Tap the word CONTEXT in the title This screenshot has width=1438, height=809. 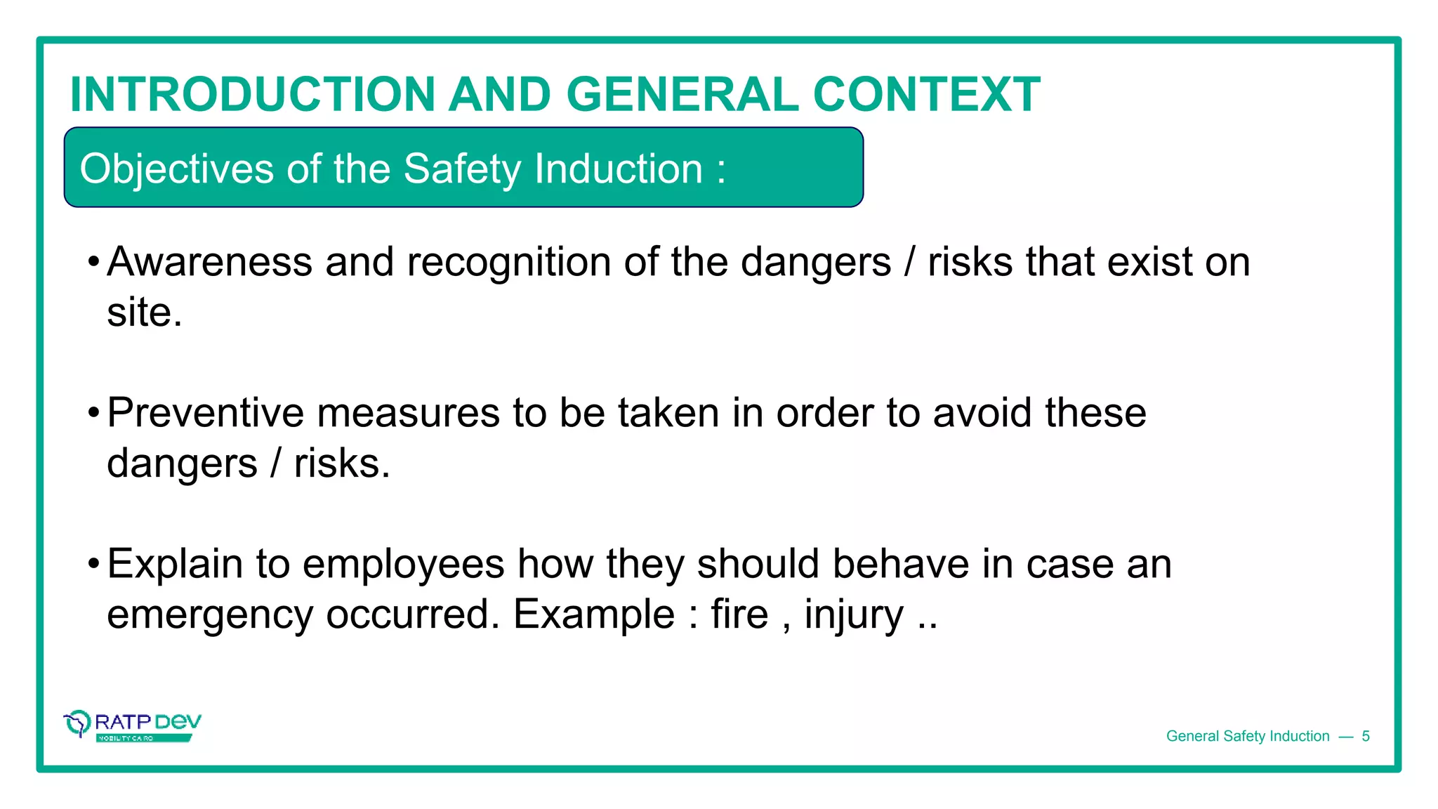point(926,95)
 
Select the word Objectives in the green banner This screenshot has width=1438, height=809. point(176,169)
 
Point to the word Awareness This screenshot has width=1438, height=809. point(209,262)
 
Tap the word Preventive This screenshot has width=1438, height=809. point(204,413)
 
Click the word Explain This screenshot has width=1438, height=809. point(175,565)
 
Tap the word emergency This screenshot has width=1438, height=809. point(209,616)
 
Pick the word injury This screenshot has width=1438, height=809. point(854,616)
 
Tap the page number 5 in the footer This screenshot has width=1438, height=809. point(1366,736)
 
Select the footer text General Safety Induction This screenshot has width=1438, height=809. point(1248,736)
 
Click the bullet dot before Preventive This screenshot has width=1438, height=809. point(93,414)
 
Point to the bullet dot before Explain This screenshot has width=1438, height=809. point(93,565)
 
